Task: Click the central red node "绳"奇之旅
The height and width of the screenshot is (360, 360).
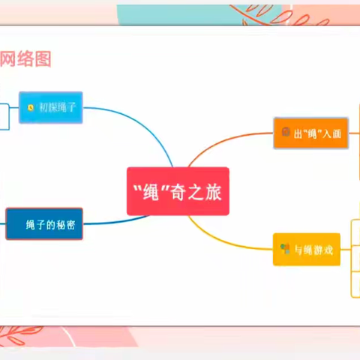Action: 178,190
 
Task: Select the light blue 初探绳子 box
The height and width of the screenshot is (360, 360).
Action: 51,107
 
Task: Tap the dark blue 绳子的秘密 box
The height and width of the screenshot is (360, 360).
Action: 44,223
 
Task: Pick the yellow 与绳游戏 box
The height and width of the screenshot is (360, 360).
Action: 306,249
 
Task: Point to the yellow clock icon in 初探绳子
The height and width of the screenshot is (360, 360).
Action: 30,108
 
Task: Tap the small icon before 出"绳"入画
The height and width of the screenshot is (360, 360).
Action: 286,133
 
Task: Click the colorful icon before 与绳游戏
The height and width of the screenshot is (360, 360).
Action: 285,249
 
